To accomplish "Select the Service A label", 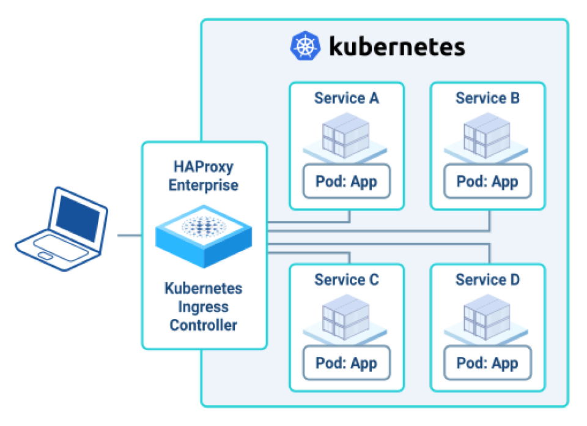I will coord(347,98).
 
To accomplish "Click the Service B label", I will coord(487,98).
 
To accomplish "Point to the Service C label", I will coord(347,280).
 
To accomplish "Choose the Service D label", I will coord(487,280).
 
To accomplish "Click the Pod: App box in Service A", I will coord(347,181).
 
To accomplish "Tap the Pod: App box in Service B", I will coord(487,181).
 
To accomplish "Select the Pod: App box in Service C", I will coord(347,363).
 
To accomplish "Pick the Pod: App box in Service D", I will coord(487,363).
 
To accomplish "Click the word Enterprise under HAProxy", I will coord(204,185).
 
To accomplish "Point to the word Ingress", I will coord(204,307).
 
